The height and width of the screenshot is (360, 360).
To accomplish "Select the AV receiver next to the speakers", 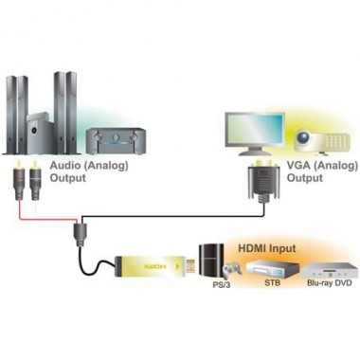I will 112,140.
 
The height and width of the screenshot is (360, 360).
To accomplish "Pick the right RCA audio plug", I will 34,179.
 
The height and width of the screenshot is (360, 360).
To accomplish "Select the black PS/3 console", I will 211,261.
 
